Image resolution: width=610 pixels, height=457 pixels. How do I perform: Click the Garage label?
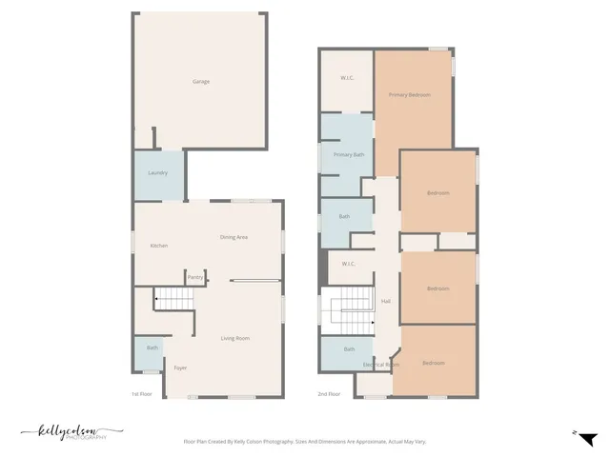click(201, 82)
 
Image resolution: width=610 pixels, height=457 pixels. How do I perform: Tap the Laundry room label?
click(158, 173)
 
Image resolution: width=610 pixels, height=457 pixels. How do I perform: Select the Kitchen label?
click(159, 246)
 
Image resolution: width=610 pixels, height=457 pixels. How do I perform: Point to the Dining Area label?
click(234, 237)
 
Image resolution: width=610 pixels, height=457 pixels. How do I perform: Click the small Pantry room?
click(195, 277)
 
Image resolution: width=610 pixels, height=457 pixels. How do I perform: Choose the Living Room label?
click(235, 338)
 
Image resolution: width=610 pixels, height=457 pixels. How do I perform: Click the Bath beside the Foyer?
click(152, 348)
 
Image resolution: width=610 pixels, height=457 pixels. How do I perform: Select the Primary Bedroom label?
click(409, 95)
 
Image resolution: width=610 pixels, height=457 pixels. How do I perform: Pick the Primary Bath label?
click(349, 154)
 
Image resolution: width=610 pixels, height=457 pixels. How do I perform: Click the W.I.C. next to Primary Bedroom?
click(348, 78)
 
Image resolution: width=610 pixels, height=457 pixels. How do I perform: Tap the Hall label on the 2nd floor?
click(386, 302)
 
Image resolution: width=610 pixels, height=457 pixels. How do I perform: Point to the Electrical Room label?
click(380, 365)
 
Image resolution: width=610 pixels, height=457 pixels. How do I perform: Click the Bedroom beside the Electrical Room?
click(434, 363)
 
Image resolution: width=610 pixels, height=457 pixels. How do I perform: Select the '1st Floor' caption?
click(141, 392)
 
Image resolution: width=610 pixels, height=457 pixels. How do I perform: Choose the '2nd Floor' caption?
click(328, 392)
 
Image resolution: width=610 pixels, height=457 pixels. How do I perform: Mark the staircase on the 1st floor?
click(173, 300)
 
